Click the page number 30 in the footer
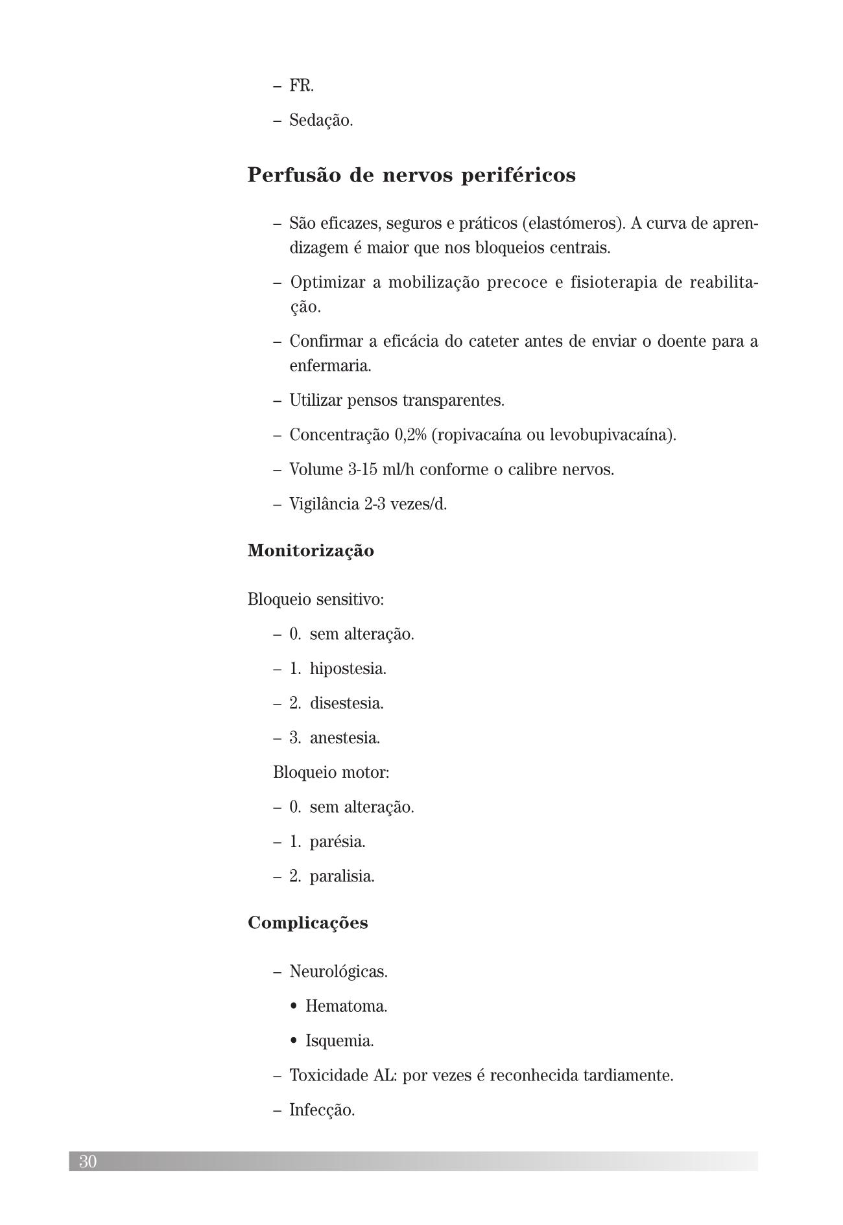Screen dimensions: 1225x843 (x=88, y=1161)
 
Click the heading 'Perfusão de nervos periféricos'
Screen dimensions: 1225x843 (x=411, y=176)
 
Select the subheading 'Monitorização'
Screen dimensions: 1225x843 (x=311, y=551)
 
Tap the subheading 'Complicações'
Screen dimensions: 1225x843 (x=307, y=923)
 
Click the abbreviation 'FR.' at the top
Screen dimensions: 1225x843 (x=302, y=86)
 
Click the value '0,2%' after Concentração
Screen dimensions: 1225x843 (x=410, y=435)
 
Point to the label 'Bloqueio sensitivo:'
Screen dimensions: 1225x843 (x=316, y=600)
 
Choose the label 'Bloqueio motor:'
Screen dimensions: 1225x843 (x=331, y=773)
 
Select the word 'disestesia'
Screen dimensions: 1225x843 (x=346, y=703)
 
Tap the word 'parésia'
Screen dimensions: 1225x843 (x=337, y=842)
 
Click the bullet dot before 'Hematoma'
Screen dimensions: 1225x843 (x=294, y=1007)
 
